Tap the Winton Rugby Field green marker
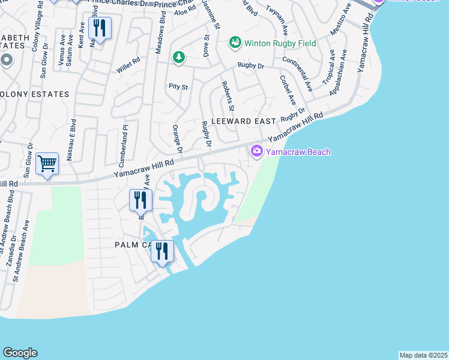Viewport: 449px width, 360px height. point(235,43)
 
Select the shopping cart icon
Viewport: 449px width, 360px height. point(47,164)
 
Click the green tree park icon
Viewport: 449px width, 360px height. point(178,58)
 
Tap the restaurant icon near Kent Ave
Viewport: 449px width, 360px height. point(99,28)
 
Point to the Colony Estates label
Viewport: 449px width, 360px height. point(34,95)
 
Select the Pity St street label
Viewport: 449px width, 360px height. point(178,87)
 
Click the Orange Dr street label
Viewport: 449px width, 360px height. point(178,138)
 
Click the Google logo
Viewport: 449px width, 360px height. point(20,353)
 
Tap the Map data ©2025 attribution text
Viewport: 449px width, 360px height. point(424,355)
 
